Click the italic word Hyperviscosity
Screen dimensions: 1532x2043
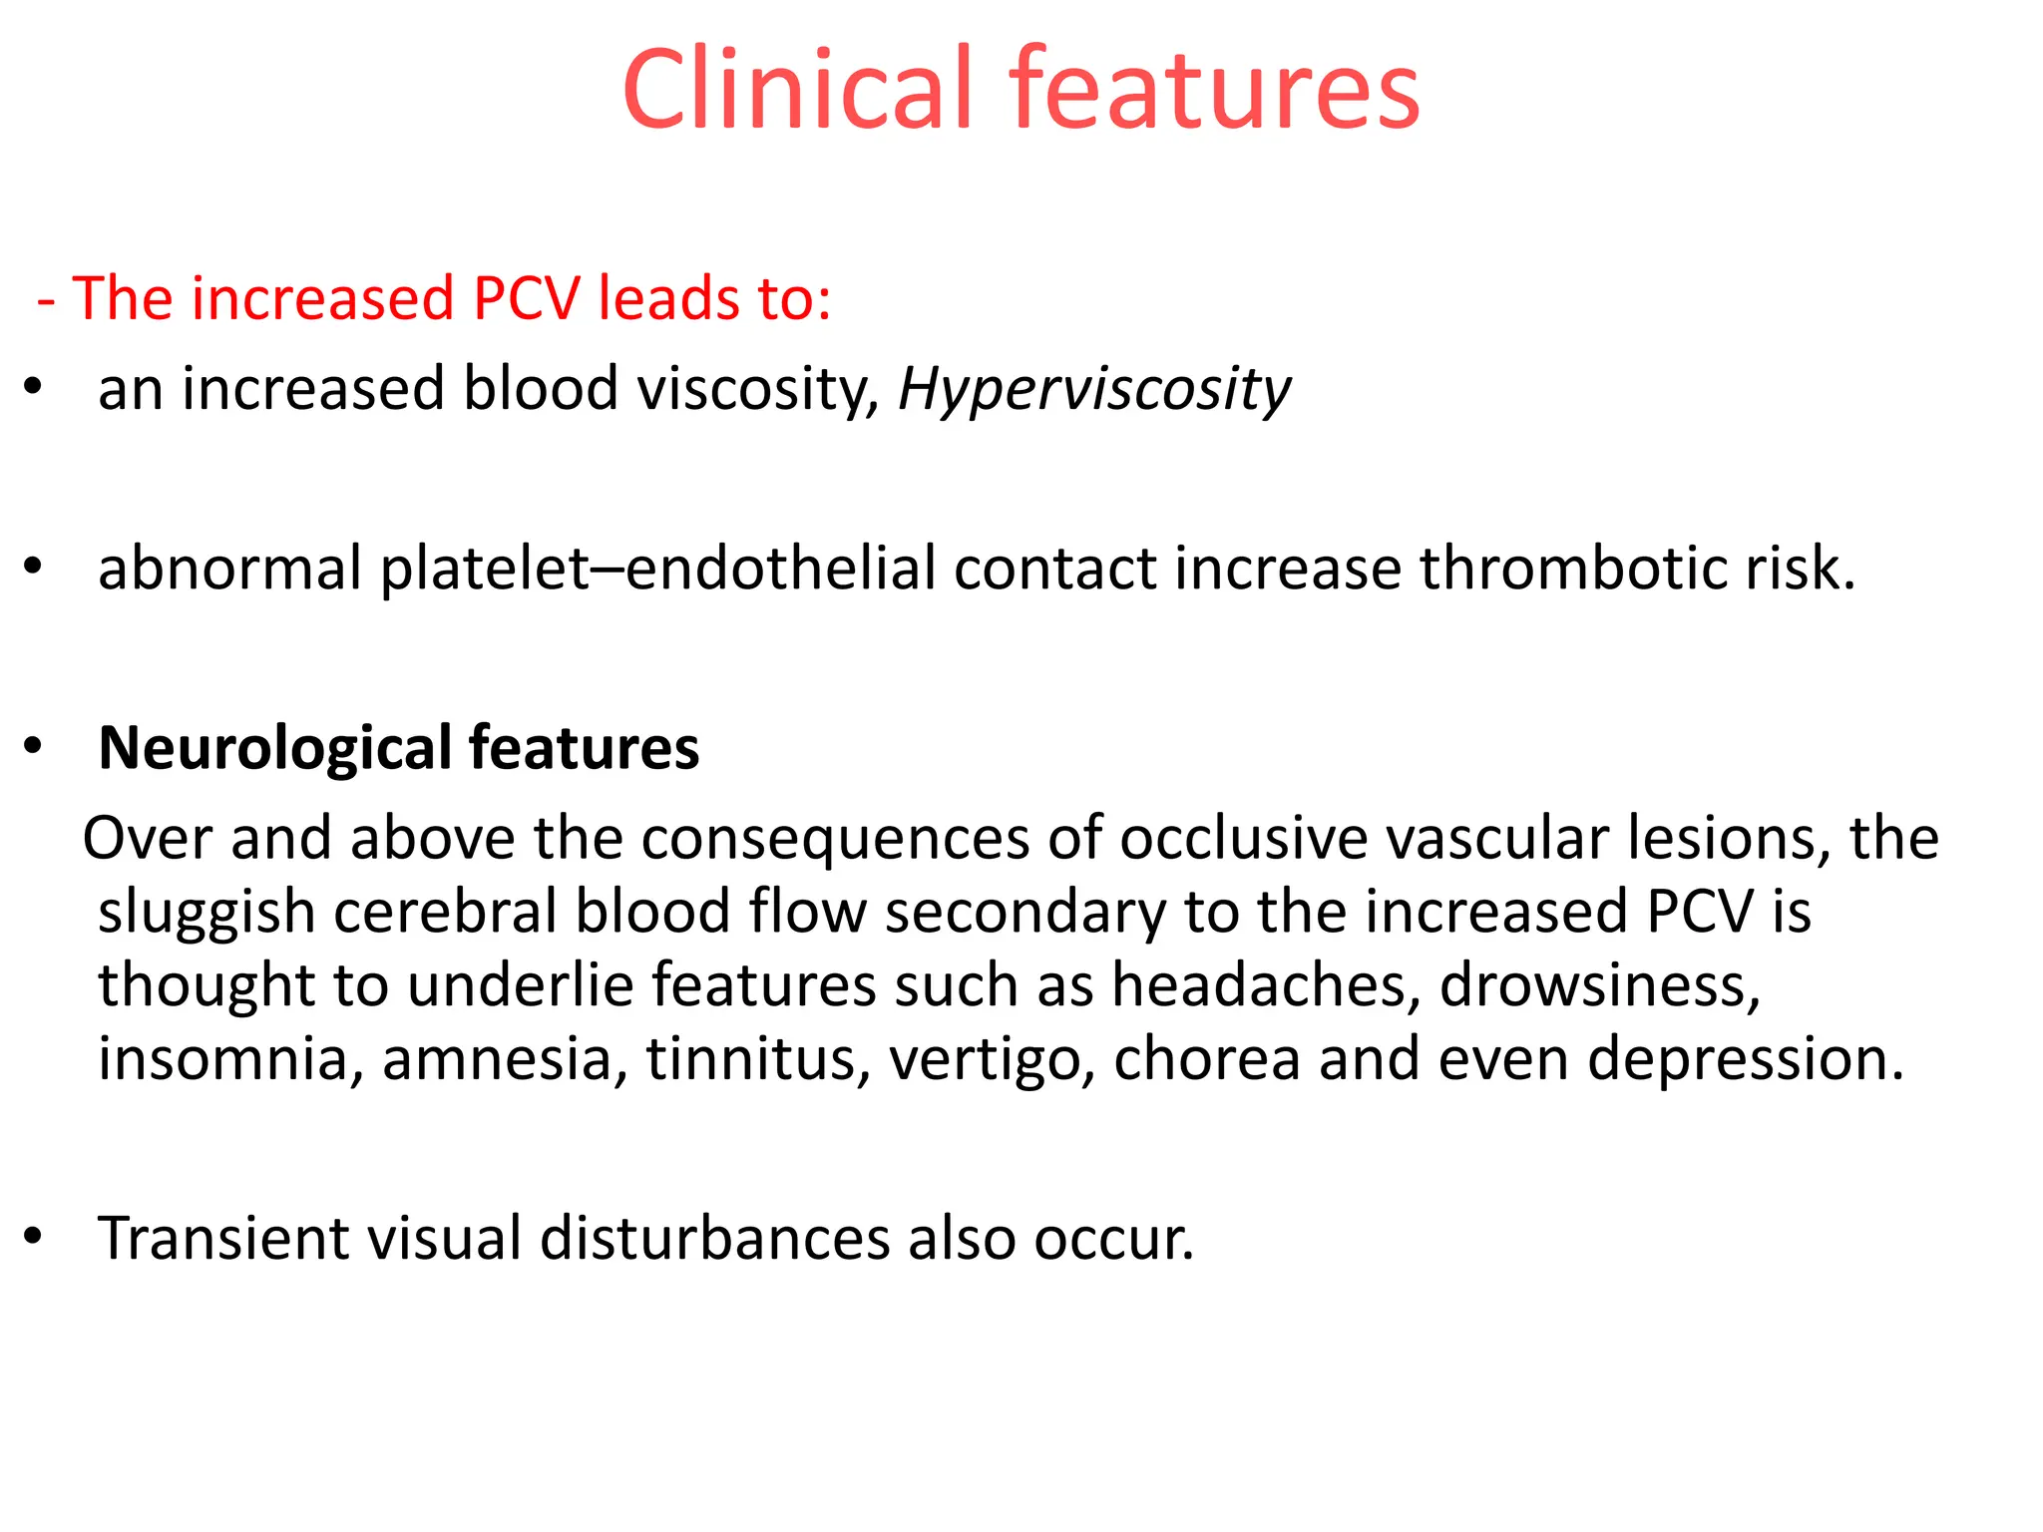(x=1094, y=389)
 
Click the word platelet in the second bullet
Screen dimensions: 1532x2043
(x=485, y=569)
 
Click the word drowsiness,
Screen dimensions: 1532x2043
(x=1600, y=985)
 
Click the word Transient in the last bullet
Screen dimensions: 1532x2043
(x=223, y=1239)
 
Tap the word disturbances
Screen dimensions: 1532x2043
(x=713, y=1239)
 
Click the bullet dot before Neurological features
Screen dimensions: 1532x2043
(x=34, y=746)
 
